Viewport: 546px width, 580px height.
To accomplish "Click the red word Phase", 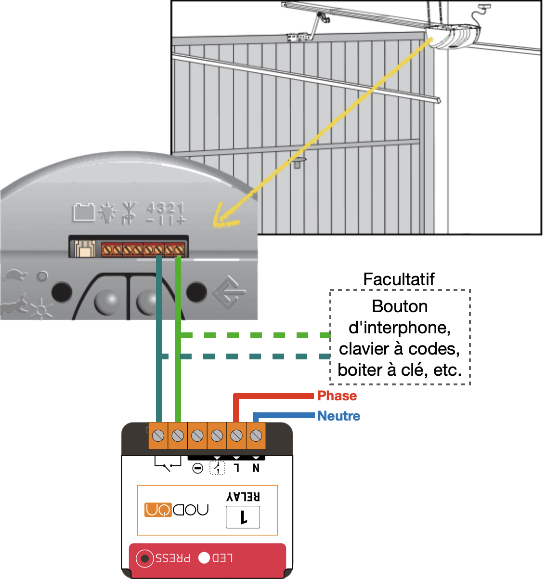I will (x=337, y=396).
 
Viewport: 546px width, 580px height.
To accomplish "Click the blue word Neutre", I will (x=338, y=416).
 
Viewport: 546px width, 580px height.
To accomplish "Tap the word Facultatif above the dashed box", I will (x=399, y=279).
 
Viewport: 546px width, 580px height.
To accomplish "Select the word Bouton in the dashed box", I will (x=400, y=306).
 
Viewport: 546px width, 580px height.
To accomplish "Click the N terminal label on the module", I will (x=256, y=468).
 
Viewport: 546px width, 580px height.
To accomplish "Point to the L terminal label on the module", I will (x=236, y=468).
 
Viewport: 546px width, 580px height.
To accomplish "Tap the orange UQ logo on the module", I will (x=158, y=510).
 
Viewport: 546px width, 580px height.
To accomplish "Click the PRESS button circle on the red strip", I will (x=144, y=558).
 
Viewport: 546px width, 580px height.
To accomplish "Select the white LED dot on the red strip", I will (x=204, y=558).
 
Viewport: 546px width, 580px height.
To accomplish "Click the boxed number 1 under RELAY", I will (x=243, y=517).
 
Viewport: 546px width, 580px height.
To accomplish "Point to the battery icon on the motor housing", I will (x=84, y=212).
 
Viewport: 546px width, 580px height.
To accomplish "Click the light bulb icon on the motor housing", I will (x=107, y=212).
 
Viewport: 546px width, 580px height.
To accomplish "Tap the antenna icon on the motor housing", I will (x=129, y=212).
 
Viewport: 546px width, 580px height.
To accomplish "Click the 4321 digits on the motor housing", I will (x=165, y=208).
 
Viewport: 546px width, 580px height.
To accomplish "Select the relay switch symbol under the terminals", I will (x=168, y=463).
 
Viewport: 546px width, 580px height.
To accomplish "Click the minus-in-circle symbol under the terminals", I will (x=197, y=468).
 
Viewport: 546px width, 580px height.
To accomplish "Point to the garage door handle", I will (x=297, y=162).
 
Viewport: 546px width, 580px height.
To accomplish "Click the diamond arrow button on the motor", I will (x=229, y=291).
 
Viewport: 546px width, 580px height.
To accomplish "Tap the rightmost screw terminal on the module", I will (x=256, y=436).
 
